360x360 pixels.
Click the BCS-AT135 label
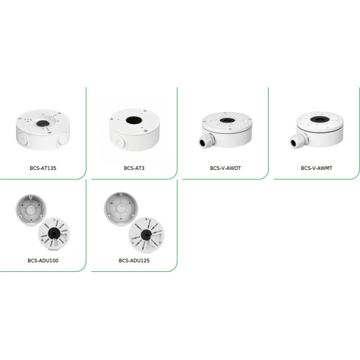tap(43, 168)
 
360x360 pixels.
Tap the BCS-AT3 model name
tap(134, 168)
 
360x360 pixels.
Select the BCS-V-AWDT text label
tap(225, 168)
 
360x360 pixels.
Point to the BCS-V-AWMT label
tap(315, 168)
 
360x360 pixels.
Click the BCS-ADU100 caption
tap(43, 260)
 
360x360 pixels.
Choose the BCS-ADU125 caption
tap(134, 260)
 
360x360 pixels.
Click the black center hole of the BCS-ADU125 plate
tap(143, 234)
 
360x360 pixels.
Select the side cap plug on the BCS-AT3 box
tap(119, 142)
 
